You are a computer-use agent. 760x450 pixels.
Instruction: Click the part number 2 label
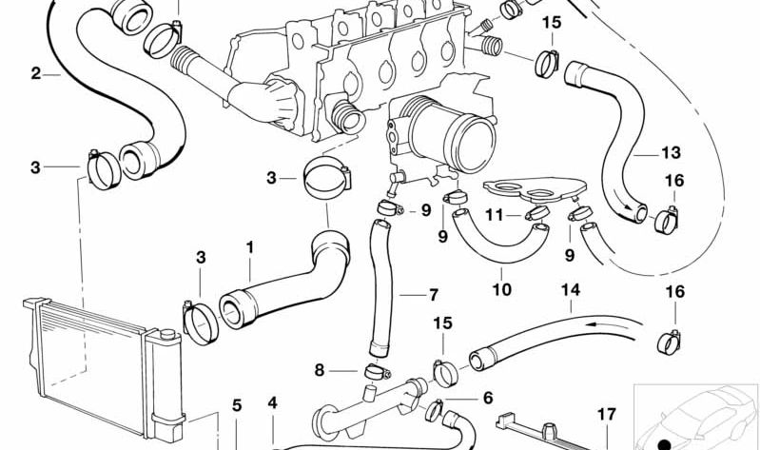click(x=36, y=74)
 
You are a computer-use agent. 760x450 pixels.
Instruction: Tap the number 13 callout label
click(x=672, y=153)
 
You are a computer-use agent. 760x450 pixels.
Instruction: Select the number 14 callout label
click(x=571, y=290)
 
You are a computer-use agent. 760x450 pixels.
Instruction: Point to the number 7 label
click(x=434, y=294)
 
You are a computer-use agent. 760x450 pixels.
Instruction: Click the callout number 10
click(x=501, y=289)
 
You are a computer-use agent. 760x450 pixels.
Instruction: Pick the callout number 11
click(x=495, y=214)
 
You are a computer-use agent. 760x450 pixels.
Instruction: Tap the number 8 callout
click(x=319, y=370)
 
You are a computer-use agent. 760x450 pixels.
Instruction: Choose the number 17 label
click(x=606, y=415)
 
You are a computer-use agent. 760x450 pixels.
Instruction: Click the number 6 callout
click(x=488, y=398)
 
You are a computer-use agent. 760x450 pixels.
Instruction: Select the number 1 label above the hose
click(x=249, y=247)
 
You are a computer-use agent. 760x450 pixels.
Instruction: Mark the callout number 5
click(x=237, y=405)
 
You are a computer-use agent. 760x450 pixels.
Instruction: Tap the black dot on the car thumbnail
click(x=665, y=444)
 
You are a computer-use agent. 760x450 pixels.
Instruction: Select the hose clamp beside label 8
click(x=378, y=372)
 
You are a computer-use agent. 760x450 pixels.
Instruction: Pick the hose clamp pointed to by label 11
click(x=537, y=213)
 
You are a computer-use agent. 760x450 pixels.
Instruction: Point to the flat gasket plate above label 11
click(x=535, y=189)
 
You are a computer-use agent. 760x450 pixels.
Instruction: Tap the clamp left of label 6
click(x=435, y=410)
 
